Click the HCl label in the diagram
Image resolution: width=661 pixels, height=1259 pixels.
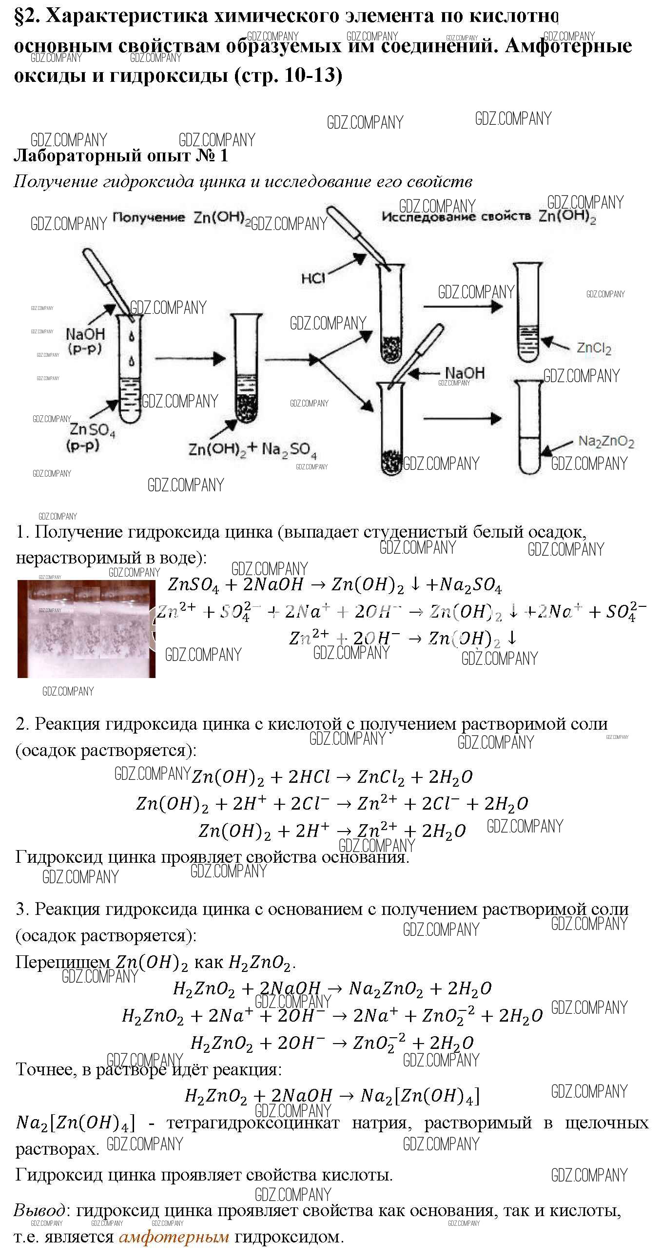coord(313,278)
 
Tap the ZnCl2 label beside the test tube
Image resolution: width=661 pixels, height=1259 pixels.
coord(594,348)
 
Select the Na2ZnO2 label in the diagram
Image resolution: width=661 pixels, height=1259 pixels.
coord(606,441)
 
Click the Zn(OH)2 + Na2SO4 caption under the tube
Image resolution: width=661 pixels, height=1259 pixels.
coord(253,449)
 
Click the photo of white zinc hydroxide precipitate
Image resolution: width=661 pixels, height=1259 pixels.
coord(86,628)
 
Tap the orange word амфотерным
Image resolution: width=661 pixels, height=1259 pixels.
coord(174,1237)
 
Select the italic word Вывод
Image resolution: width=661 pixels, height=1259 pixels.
coord(39,1211)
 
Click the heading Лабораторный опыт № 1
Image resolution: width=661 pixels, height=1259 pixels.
coord(120,155)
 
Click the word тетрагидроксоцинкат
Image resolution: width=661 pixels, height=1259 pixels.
coord(253,1123)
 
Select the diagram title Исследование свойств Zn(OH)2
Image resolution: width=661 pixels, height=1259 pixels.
coord(488,216)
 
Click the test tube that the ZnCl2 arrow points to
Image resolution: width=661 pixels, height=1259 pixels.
coord(528,313)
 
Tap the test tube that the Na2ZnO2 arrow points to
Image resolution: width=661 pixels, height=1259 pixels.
coord(529,427)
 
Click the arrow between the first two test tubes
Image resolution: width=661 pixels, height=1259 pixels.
coord(190,359)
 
